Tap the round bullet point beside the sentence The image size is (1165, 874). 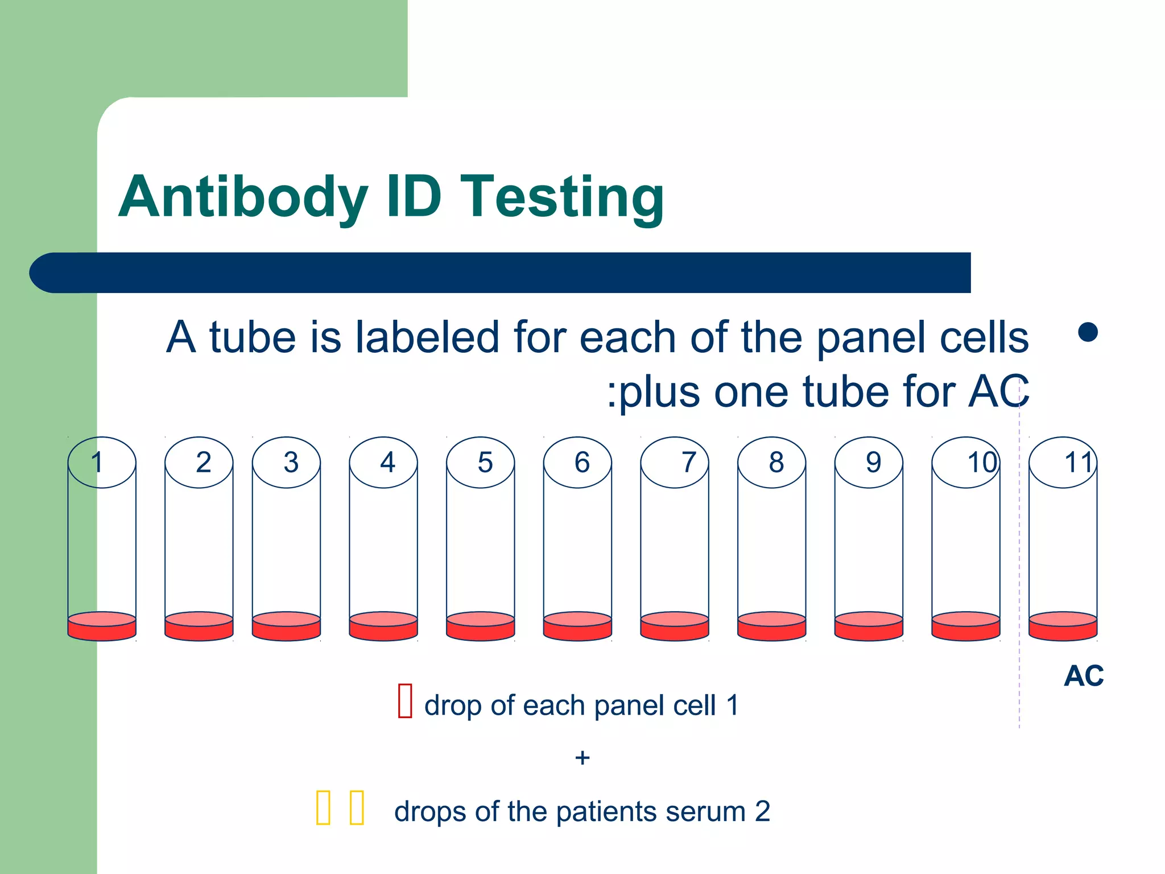pos(1088,332)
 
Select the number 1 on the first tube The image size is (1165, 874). pos(97,462)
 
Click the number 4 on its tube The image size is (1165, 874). pos(387,462)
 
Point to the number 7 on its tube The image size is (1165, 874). pos(689,462)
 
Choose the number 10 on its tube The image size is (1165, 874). pos(982,462)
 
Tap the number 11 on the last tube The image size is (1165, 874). pos(1079,462)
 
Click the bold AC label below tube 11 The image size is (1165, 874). pos(1084,676)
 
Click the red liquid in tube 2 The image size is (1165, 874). pos(199,628)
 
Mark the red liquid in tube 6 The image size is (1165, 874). pos(577,628)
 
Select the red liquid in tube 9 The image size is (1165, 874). pos(869,628)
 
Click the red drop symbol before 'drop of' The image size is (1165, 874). pos(405,701)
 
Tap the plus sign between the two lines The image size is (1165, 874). pos(582,758)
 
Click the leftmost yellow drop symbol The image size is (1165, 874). pos(323,807)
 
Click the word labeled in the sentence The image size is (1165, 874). pos(427,337)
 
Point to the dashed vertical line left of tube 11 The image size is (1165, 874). pos(1019,569)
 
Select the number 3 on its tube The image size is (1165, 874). pos(291,462)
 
